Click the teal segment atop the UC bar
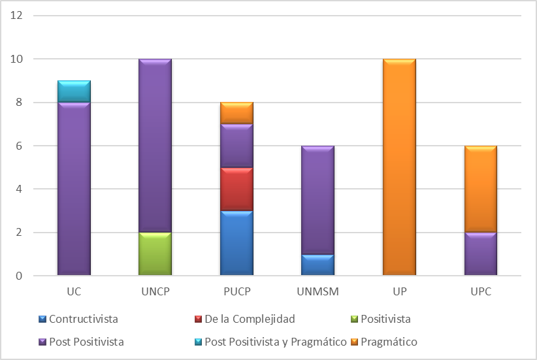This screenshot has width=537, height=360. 74,91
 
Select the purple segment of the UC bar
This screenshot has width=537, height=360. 74,189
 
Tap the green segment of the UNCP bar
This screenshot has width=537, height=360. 155,254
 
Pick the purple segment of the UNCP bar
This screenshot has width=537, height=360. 155,146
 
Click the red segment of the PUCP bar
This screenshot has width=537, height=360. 236,189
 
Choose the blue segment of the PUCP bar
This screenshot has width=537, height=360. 236,243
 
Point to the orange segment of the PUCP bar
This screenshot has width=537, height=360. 236,112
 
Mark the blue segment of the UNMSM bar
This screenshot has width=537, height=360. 317,265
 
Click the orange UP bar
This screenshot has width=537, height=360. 399,167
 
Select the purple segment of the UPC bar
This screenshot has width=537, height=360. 480,254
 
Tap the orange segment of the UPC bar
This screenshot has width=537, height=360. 480,189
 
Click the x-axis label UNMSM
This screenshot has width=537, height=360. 317,291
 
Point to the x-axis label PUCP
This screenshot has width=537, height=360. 236,291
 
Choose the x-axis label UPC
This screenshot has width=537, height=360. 480,291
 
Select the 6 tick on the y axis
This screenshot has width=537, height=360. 20,146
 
